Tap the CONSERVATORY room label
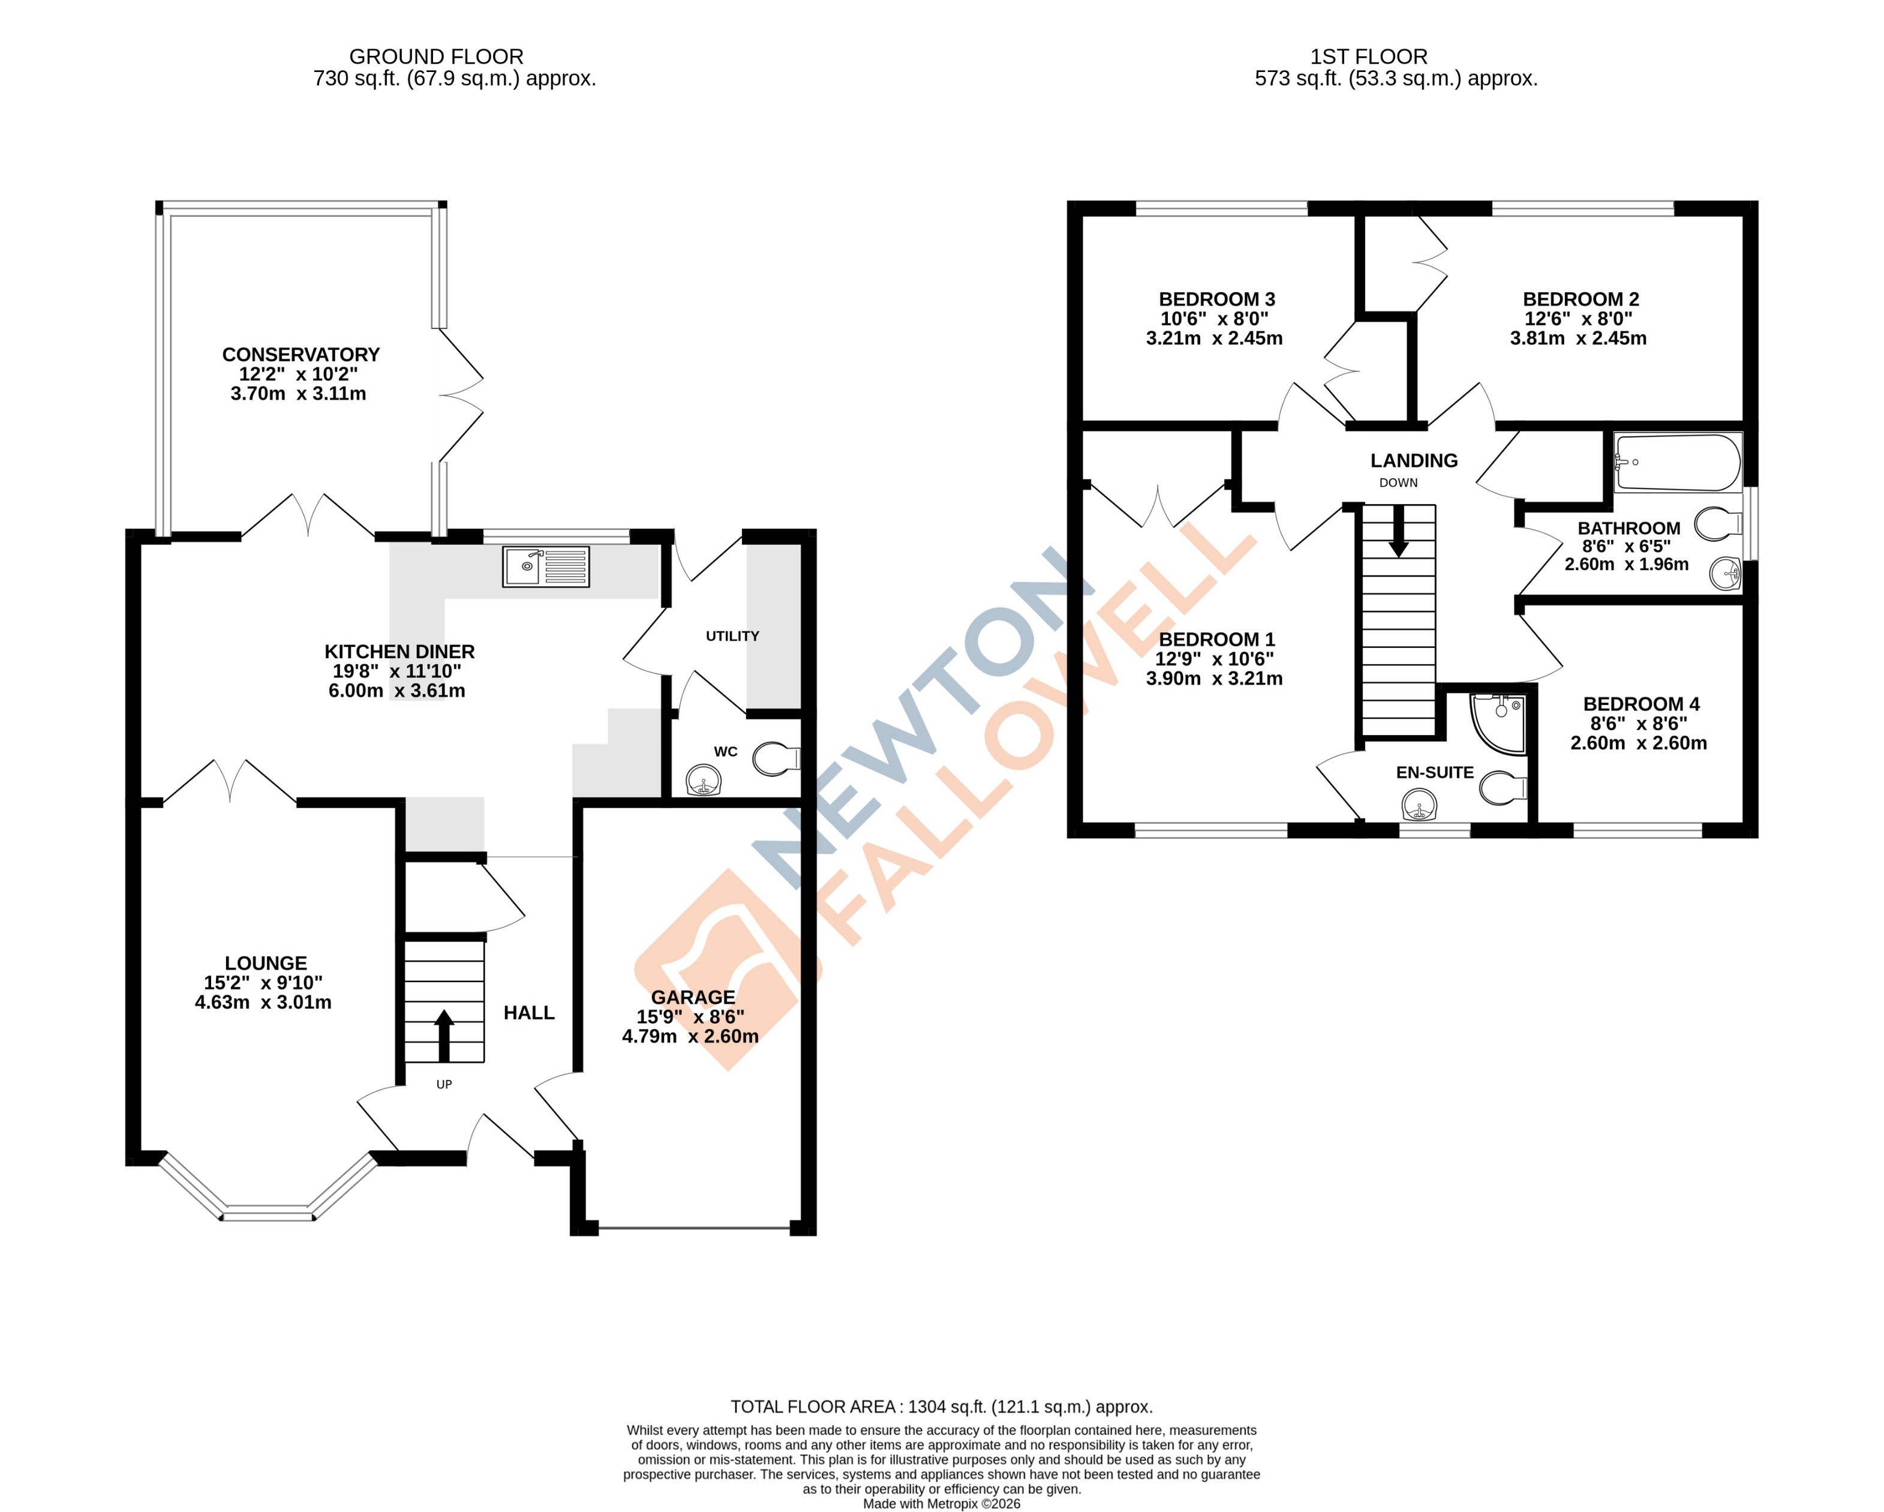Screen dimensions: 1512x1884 click(x=301, y=355)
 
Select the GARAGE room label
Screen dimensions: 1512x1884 click(x=693, y=997)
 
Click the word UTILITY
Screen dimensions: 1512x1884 click(x=732, y=636)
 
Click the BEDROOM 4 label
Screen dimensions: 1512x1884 click(x=1641, y=704)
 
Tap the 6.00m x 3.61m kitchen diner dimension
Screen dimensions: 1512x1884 click(x=396, y=691)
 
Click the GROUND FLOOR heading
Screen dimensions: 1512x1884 click(x=436, y=57)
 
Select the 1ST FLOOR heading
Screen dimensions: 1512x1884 click(x=1368, y=57)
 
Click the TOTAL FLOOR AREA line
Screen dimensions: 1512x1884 click(x=941, y=1407)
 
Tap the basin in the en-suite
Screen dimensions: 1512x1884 click(x=1419, y=804)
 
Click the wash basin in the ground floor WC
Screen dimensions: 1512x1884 click(x=704, y=779)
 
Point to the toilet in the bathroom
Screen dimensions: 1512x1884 click(x=1716, y=524)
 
